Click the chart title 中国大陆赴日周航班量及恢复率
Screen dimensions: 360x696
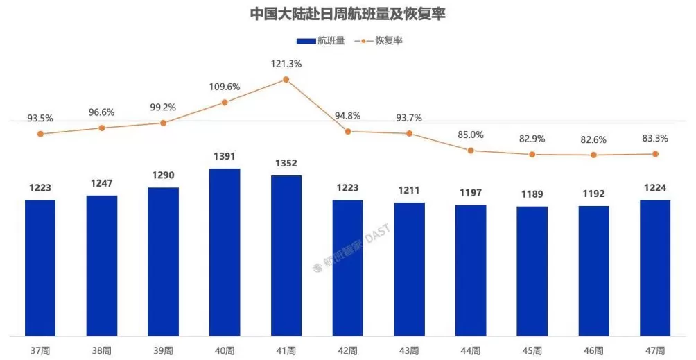click(x=347, y=14)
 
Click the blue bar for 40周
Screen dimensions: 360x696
click(x=225, y=252)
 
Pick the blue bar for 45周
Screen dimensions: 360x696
click(x=532, y=271)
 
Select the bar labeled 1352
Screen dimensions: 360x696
click(x=286, y=256)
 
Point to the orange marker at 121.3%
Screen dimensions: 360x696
click(x=286, y=80)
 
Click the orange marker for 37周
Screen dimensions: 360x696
click(x=40, y=134)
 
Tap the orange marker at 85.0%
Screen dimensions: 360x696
click(x=471, y=150)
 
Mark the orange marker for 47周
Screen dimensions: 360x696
click(x=655, y=154)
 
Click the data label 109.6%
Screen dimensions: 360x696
click(x=225, y=87)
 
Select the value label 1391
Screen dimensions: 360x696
click(x=225, y=157)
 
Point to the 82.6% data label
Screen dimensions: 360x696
click(x=593, y=139)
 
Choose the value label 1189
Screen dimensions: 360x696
click(x=532, y=196)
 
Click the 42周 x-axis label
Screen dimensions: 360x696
click(x=347, y=350)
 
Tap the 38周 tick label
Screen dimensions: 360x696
click(x=102, y=350)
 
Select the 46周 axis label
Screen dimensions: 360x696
click(x=593, y=350)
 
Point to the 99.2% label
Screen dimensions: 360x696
click(x=163, y=108)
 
